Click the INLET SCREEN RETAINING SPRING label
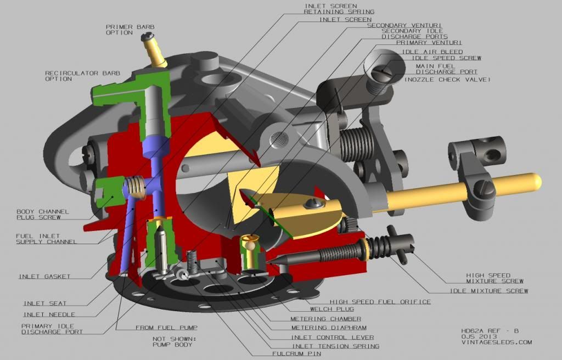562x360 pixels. pos(339,9)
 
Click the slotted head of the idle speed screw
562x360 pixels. pos(383,71)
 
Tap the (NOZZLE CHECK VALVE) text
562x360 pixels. pos(447,80)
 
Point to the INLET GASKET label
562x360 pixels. pos(44,277)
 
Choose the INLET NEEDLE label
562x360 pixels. pos(49,314)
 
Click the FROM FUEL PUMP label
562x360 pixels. pos(164,328)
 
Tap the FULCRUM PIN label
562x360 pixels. pos(296,354)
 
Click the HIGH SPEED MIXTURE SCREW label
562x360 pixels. pos(488,278)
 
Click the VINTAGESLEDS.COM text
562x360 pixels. pos(497,342)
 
